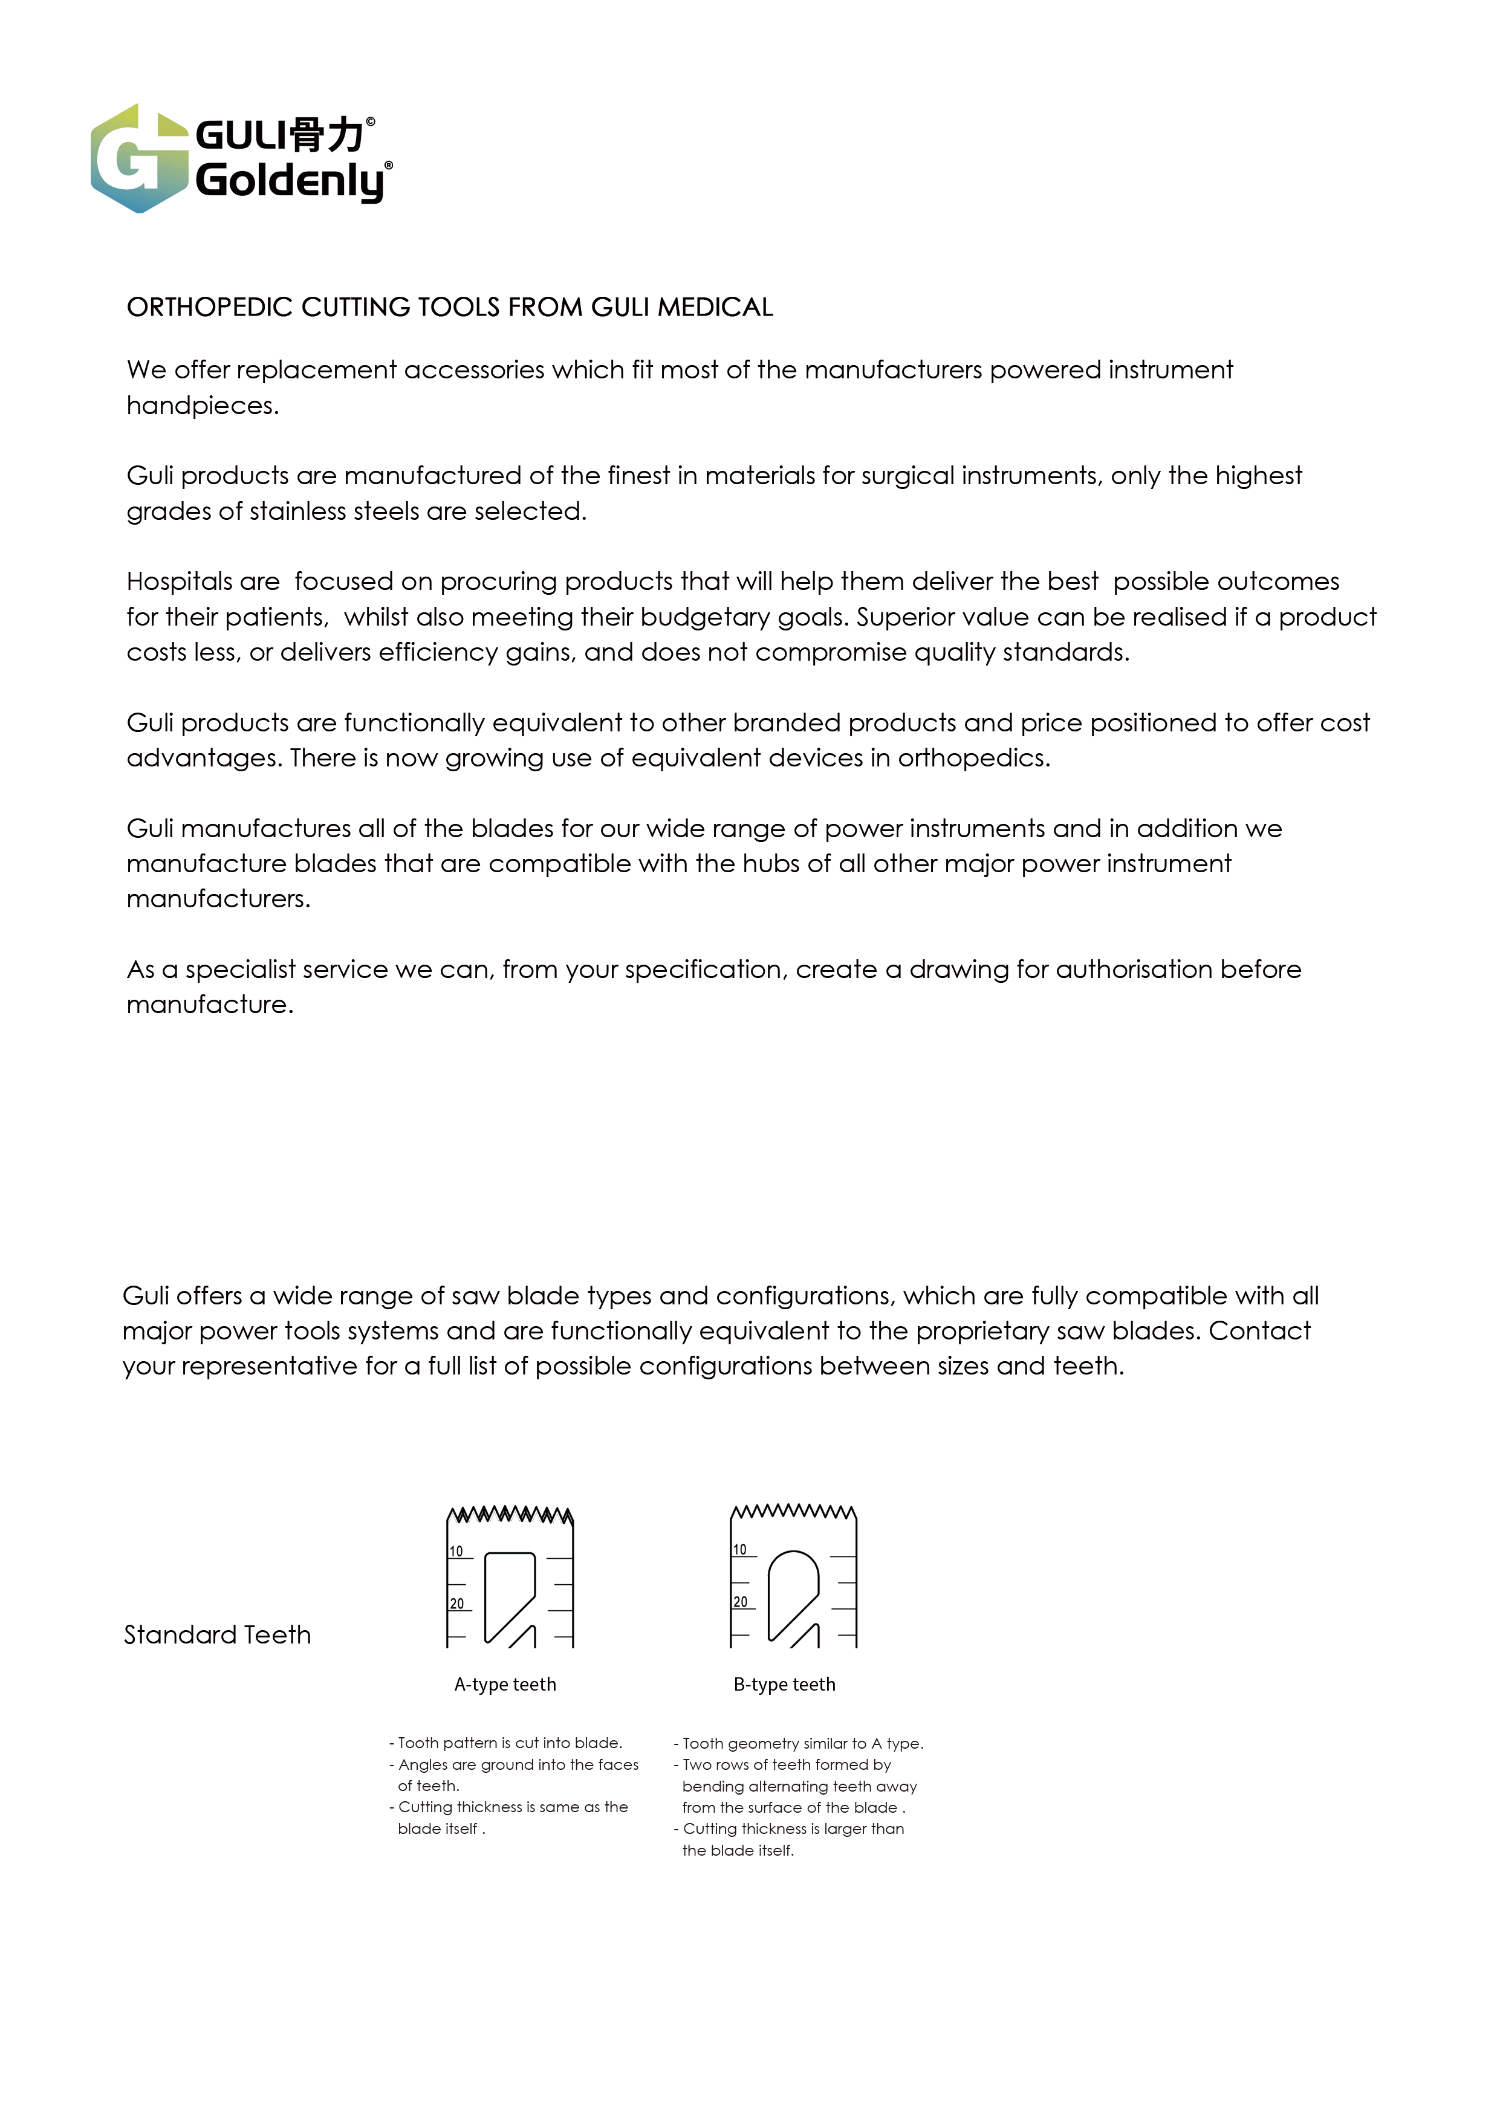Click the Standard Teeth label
click(217, 1635)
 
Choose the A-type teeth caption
click(505, 1684)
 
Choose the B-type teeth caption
click(784, 1684)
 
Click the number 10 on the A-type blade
click(456, 1551)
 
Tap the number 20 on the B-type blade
click(740, 1602)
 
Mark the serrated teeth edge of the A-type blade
click(509, 1515)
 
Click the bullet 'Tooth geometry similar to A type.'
click(800, 1743)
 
